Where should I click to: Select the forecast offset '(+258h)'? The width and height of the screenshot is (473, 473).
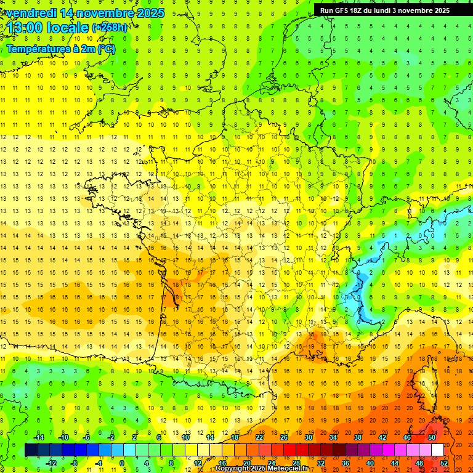click(x=110, y=28)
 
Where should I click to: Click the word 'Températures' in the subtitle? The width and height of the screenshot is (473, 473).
click(x=38, y=49)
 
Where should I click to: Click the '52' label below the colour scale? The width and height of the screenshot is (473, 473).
click(x=444, y=463)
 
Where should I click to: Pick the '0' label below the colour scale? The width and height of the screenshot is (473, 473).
click(x=122, y=463)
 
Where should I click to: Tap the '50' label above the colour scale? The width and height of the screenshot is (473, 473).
click(x=431, y=437)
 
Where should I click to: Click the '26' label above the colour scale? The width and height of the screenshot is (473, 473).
click(x=284, y=437)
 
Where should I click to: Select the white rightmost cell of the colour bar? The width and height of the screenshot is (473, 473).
click(x=438, y=450)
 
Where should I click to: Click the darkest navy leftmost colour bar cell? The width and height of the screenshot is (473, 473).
click(x=31, y=450)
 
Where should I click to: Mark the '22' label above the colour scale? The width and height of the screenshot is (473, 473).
click(x=259, y=437)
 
